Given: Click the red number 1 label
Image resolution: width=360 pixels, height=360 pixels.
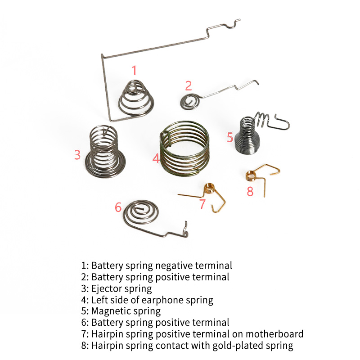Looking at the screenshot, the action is click(134, 70).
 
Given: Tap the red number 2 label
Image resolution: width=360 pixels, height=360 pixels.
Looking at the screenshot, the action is click(189, 85).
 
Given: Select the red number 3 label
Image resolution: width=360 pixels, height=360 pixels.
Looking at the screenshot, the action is click(77, 154).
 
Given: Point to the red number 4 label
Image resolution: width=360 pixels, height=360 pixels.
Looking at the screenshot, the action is click(156, 158).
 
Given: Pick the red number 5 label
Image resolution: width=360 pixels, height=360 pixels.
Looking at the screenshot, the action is click(230, 137).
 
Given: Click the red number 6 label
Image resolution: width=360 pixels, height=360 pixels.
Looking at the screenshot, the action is click(118, 207).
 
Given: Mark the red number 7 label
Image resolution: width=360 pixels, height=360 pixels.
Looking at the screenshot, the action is click(202, 204).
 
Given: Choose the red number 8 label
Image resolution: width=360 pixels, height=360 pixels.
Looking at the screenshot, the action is click(250, 191).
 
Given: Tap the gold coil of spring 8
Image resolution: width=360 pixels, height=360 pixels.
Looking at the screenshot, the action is click(251, 175).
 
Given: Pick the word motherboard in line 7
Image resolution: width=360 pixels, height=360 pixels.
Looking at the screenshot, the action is click(274, 334).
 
